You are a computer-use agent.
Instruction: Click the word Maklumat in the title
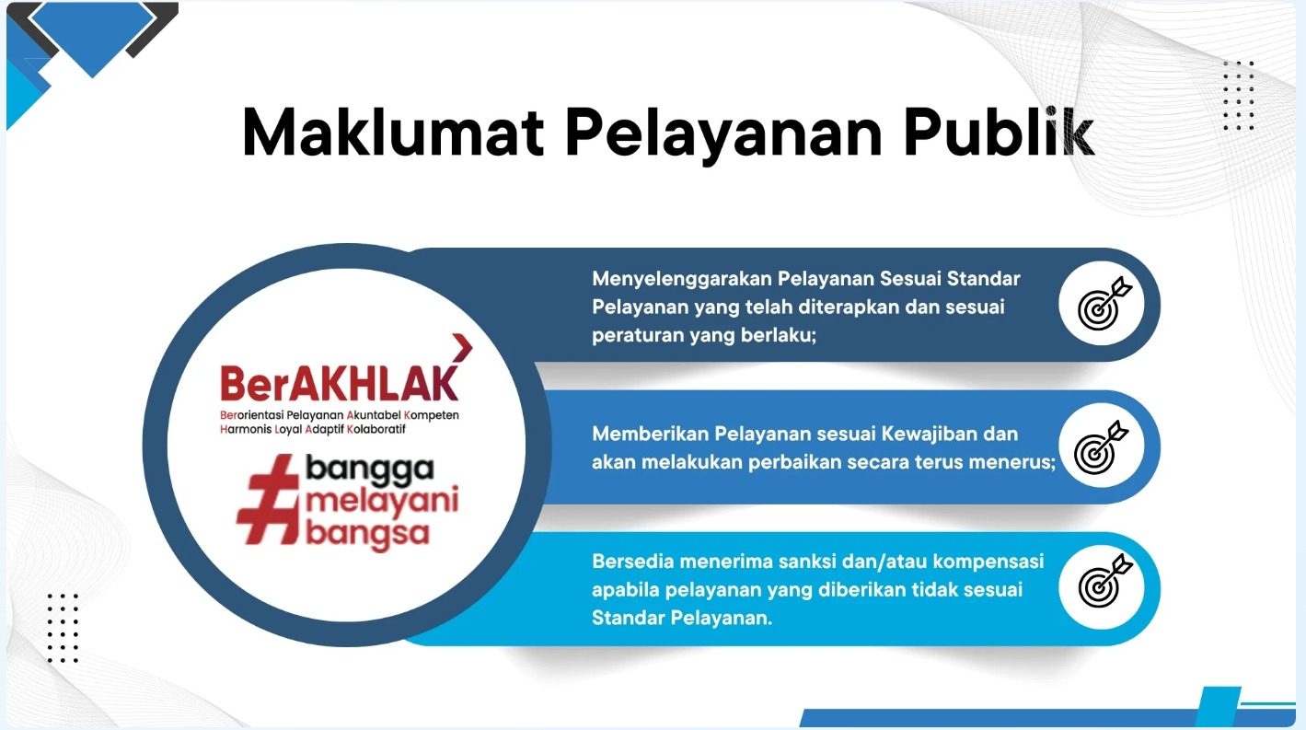(x=393, y=132)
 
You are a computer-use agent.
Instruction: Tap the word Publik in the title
(x=999, y=132)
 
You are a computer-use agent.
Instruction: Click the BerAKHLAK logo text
(x=339, y=383)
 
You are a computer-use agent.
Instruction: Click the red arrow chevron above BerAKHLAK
(x=462, y=348)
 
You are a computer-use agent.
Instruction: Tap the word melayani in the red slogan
(x=382, y=502)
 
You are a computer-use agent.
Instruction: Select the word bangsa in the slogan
(x=367, y=535)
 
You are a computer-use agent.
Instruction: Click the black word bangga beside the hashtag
(x=370, y=470)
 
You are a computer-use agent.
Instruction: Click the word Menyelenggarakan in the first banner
(x=682, y=279)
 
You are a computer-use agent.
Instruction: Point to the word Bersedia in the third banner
(x=632, y=561)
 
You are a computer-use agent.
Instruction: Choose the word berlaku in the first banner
(x=779, y=335)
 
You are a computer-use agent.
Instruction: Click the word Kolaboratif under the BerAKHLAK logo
(x=376, y=429)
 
